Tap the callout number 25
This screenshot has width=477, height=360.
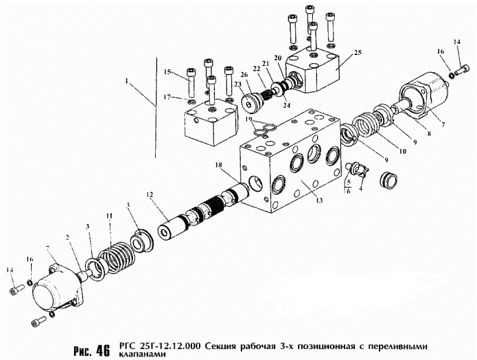(x=357, y=52)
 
